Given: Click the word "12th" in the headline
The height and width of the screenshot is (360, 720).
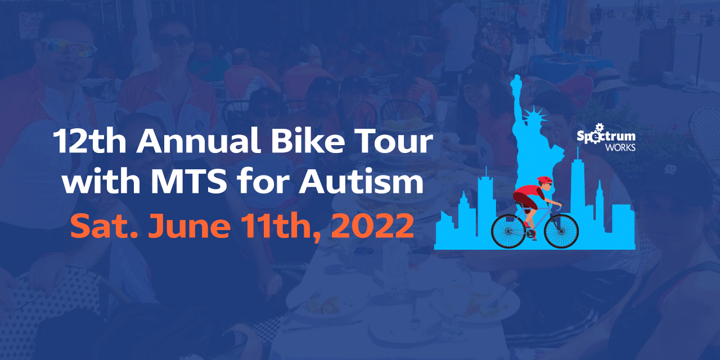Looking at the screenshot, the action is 89,141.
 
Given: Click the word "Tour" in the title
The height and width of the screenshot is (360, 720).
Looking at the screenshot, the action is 393,141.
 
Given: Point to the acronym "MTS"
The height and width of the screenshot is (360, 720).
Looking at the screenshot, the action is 188,181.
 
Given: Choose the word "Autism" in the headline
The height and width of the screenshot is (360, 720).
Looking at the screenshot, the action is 361,181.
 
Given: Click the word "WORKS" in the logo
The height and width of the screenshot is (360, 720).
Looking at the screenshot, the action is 620,147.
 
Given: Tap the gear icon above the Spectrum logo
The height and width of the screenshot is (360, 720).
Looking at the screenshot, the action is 598,127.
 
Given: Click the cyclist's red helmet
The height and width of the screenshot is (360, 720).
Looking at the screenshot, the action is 544,179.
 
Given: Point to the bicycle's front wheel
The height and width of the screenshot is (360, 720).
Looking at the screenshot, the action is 561,231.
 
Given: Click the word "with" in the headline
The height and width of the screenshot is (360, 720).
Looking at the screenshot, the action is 101,181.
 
